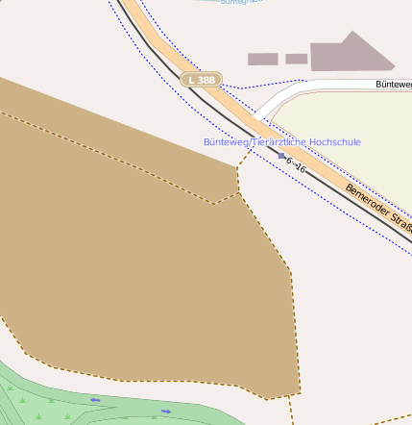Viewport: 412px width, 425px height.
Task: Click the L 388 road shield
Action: pyautogui.click(x=202, y=80)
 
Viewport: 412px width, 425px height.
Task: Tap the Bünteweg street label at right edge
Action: pyautogui.click(x=393, y=85)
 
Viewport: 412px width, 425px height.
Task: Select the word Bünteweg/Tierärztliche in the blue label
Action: pyautogui.click(x=241, y=142)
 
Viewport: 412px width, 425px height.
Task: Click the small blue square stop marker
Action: pyautogui.click(x=281, y=156)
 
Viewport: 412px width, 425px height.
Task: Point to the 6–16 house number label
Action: pyautogui.click(x=296, y=164)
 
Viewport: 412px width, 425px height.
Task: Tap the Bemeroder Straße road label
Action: pyautogui.click(x=380, y=206)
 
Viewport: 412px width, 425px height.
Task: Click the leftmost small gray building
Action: pyautogui.click(x=262, y=60)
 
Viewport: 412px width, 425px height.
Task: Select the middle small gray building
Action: pyautogui.click(x=297, y=59)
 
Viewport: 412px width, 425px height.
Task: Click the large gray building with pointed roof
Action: pyautogui.click(x=350, y=54)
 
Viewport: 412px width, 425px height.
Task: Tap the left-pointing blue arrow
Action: pyautogui.click(x=95, y=399)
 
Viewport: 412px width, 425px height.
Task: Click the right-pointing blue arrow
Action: pyautogui.click(x=166, y=412)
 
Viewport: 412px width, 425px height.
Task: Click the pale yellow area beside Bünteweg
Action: pyautogui.click(x=355, y=125)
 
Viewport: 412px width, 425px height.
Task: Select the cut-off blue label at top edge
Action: pyautogui.click(x=240, y=2)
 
